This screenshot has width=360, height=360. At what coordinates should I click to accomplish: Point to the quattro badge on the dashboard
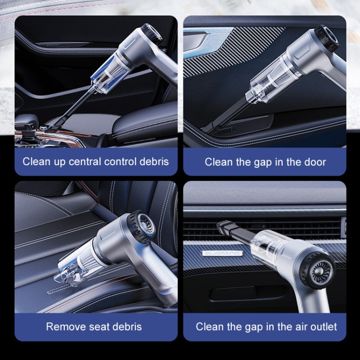click(221, 253)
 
